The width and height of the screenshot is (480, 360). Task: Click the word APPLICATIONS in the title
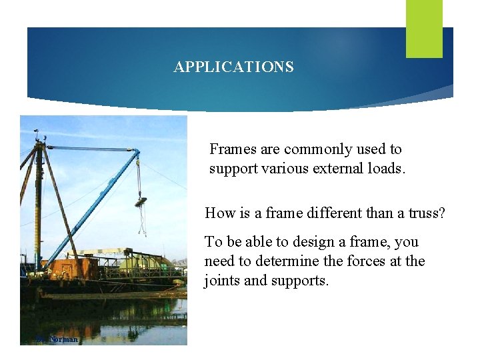pyautogui.click(x=233, y=67)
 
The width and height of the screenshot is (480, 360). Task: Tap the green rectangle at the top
pyautogui.click(x=424, y=29)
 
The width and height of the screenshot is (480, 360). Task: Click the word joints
pyautogui.click(x=223, y=281)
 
